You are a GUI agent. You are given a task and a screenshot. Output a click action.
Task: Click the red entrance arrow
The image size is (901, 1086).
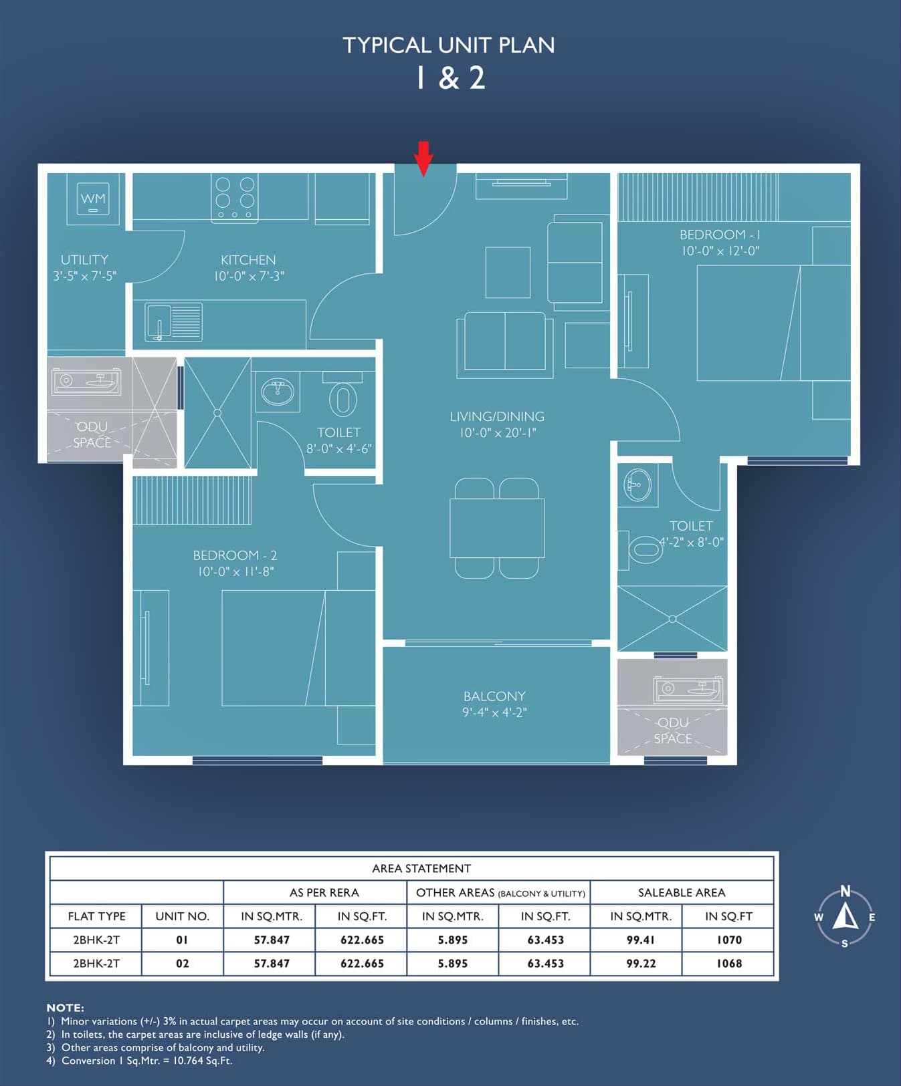coord(423,159)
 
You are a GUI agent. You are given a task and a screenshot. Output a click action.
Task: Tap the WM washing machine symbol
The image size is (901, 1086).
coord(93,198)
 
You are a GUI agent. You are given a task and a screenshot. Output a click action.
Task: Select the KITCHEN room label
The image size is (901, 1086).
coord(248,260)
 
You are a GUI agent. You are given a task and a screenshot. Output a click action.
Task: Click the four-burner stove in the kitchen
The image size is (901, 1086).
coord(235,198)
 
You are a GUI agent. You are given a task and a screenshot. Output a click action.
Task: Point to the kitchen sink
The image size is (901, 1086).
coord(174,322)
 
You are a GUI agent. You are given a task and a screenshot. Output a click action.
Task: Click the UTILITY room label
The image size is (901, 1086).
coord(84,260)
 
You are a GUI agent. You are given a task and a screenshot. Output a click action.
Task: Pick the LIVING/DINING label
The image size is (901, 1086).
coord(497,416)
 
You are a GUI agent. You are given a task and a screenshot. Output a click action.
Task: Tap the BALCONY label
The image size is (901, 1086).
coord(494,696)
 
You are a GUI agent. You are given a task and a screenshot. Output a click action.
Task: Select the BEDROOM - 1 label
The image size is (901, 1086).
coord(720,235)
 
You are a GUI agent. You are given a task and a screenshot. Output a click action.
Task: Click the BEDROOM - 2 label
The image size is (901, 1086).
coord(235,555)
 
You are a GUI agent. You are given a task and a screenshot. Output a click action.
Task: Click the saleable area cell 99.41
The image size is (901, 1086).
coord(641,940)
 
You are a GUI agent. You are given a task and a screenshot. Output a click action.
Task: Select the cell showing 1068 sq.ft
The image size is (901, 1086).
coord(729,964)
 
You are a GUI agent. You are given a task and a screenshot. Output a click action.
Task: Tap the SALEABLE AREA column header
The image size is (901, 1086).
coord(682,893)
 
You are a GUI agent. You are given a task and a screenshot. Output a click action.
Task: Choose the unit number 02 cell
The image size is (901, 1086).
coord(182,964)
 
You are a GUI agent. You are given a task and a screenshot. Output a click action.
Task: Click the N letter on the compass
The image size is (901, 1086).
coord(845,891)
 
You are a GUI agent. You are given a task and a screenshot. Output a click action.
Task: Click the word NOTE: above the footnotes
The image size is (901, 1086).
coord(65,1008)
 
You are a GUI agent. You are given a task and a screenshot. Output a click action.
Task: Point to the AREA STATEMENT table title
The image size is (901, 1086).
coord(421,869)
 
